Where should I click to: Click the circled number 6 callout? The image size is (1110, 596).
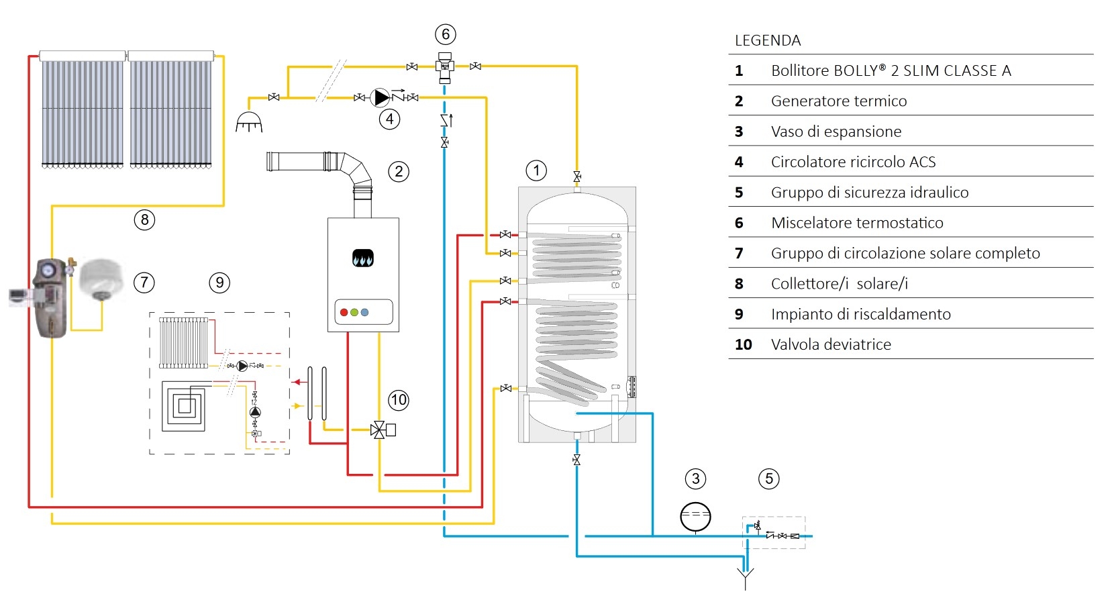tap(446, 34)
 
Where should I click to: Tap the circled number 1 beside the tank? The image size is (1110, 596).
tap(536, 171)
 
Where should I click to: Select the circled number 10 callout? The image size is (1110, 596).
tap(399, 400)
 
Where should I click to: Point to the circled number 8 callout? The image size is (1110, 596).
tap(145, 219)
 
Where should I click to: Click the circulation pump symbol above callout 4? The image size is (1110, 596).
tap(380, 97)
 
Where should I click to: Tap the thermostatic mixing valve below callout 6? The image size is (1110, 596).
tap(445, 67)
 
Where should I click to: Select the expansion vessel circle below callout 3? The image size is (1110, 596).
tap(695, 517)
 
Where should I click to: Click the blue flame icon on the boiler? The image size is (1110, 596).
tap(363, 258)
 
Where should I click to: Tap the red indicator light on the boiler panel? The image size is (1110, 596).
tap(344, 313)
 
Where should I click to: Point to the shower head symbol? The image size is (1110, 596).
tap(249, 122)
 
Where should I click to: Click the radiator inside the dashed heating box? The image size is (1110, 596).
tap(183, 343)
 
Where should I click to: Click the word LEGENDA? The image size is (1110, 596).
tap(768, 41)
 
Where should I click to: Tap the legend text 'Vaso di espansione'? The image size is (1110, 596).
tap(836, 132)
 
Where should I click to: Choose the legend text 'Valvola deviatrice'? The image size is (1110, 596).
tap(831, 344)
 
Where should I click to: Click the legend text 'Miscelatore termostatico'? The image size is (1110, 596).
tap(857, 223)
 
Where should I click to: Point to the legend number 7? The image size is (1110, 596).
tap(739, 254)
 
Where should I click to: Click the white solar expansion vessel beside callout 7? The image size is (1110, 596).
tap(101, 279)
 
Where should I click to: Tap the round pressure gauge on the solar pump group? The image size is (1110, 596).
tap(48, 270)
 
